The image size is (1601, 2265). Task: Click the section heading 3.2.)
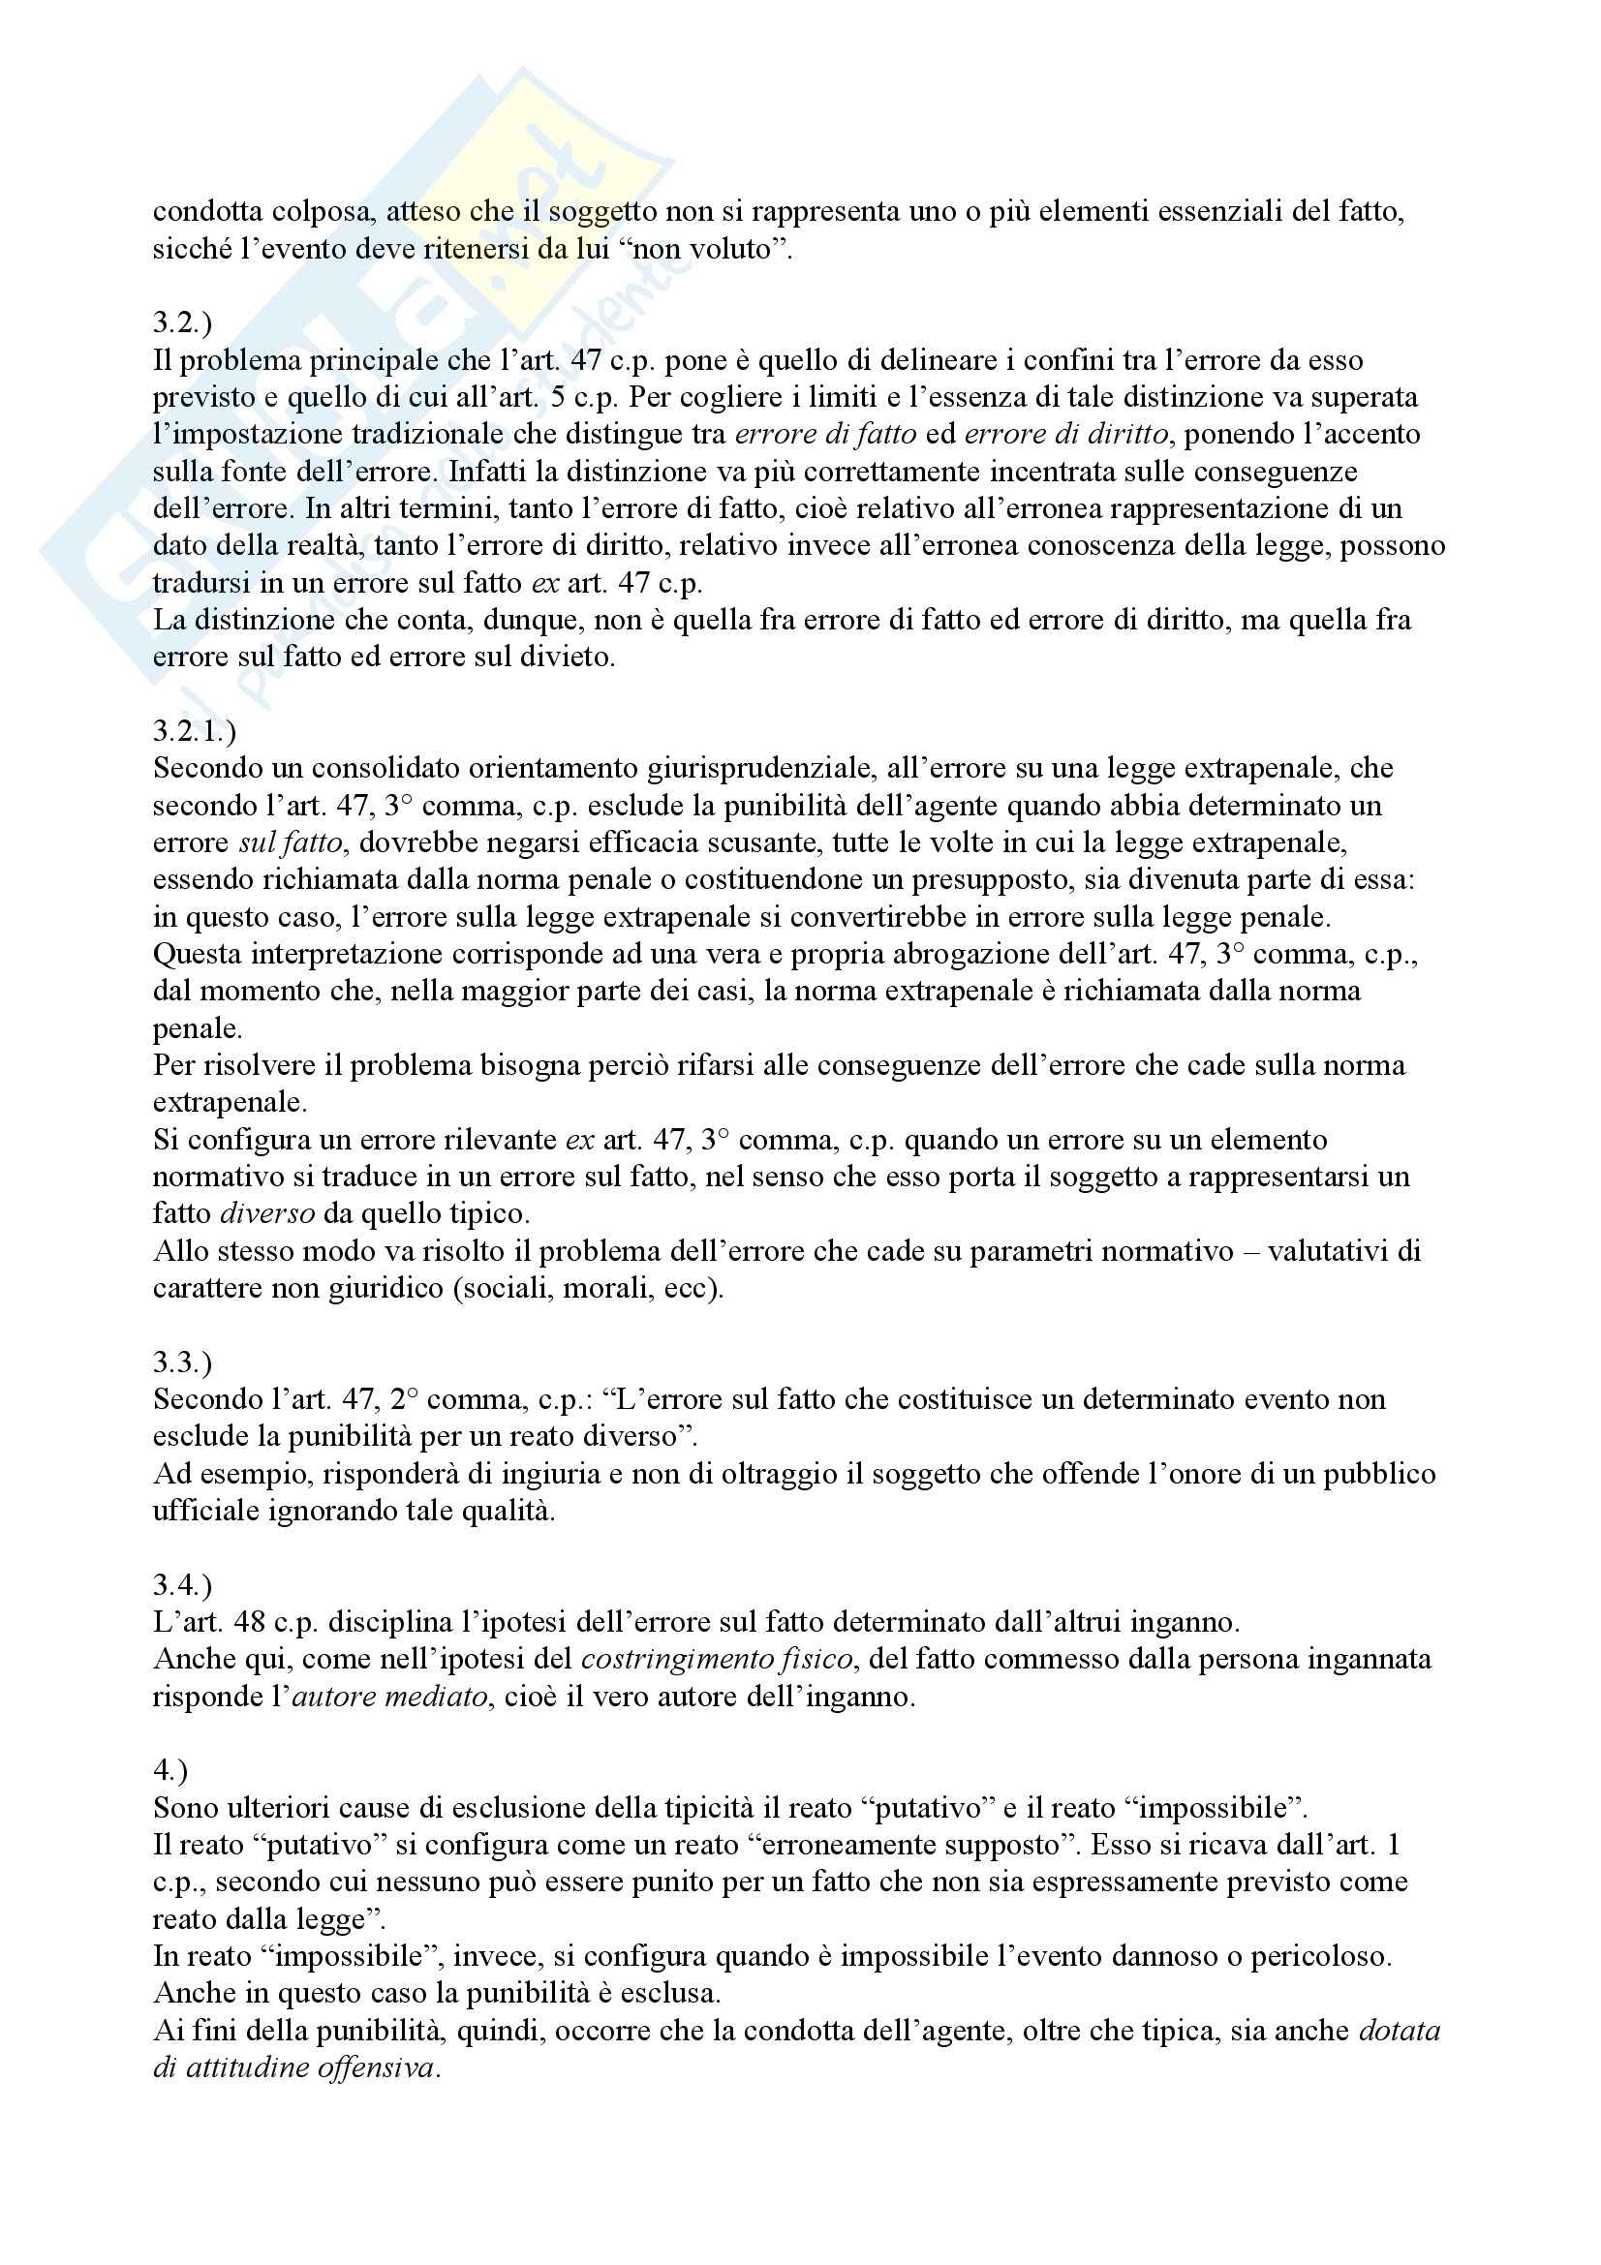[x=182, y=322]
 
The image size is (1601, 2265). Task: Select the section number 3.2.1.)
[x=195, y=731]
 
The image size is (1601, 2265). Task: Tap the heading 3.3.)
[x=182, y=1362]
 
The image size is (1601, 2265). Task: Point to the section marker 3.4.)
[x=182, y=1585]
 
